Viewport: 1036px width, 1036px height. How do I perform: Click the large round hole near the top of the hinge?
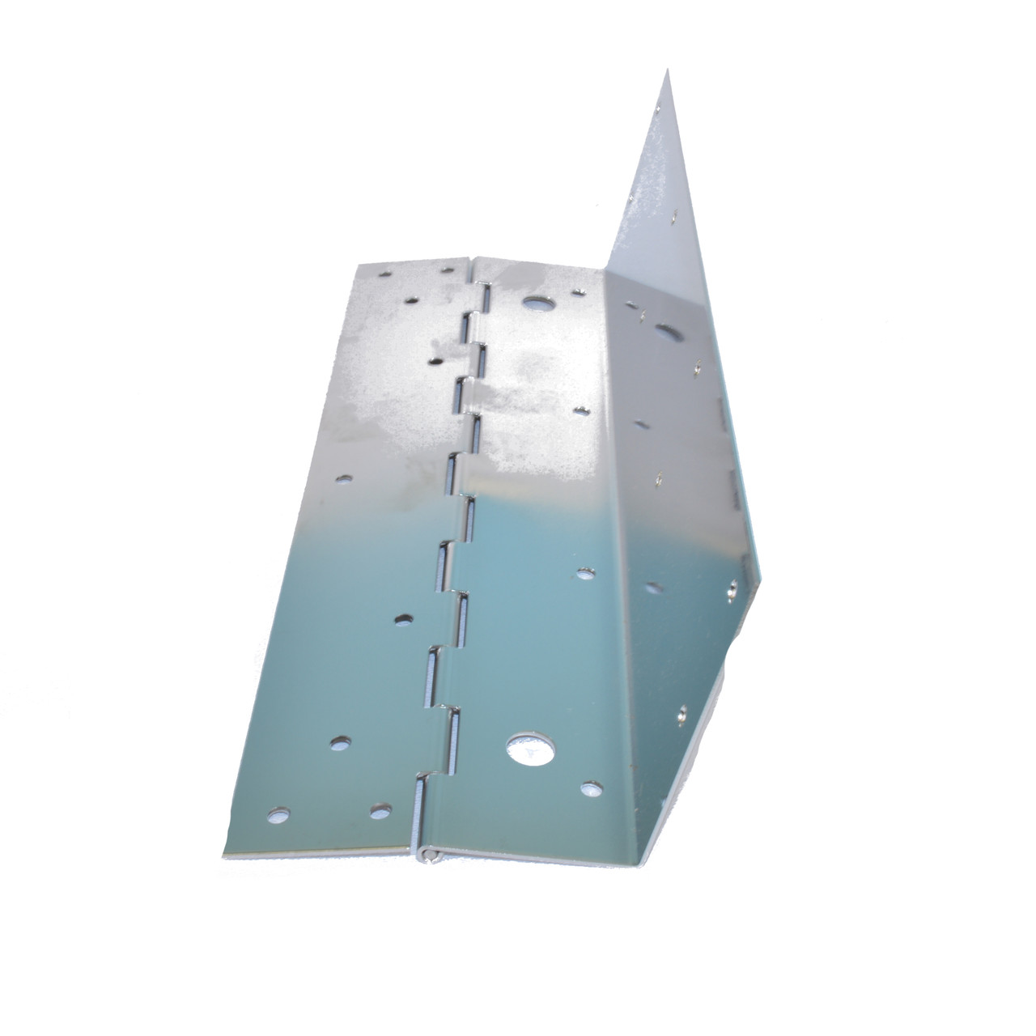coord(535,304)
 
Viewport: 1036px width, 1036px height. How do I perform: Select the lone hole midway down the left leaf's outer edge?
coord(346,478)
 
